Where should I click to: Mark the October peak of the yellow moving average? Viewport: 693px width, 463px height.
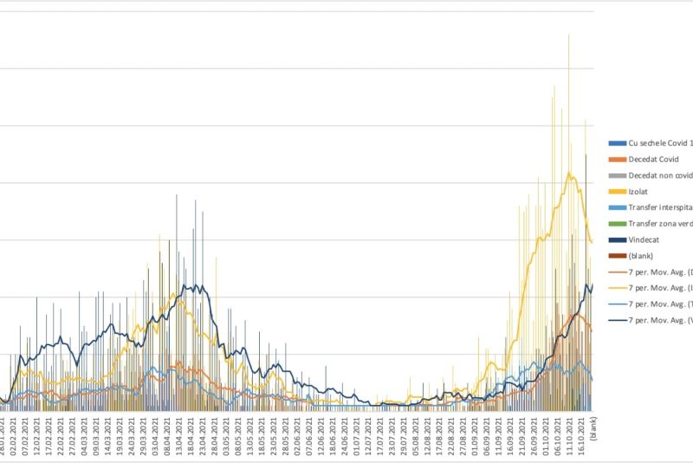pyautogui.click(x=569, y=173)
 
